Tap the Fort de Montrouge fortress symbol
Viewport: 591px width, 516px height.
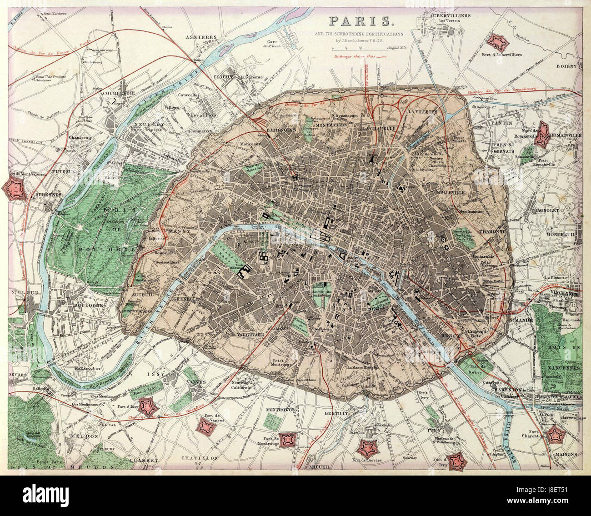point(287,440)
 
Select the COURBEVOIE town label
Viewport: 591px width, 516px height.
point(120,89)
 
